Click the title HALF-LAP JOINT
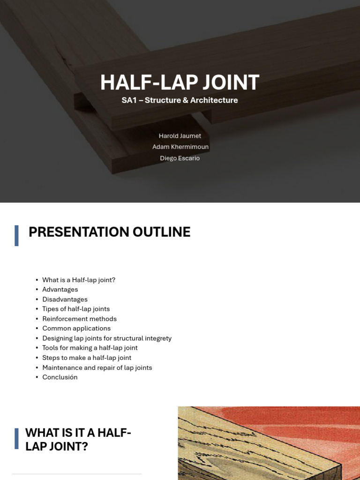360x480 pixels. point(180,82)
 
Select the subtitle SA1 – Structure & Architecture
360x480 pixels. point(180,100)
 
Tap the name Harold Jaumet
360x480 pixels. point(180,136)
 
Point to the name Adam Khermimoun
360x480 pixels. point(180,147)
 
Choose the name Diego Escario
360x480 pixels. point(180,158)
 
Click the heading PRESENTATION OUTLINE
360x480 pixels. point(109,232)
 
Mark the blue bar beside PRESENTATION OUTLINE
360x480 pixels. point(17,235)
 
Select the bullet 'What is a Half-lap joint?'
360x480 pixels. point(78,280)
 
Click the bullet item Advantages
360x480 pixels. point(60,290)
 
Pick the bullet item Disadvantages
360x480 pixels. point(65,300)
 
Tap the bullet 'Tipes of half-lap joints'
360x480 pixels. point(76,309)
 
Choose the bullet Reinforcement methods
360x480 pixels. point(79,319)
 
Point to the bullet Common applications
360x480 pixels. point(76,329)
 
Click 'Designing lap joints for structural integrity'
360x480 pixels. point(107,338)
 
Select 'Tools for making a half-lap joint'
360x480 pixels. point(90,348)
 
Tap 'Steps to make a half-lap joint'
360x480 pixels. point(87,358)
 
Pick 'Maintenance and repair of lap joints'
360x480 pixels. point(97,368)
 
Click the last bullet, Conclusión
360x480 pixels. point(60,377)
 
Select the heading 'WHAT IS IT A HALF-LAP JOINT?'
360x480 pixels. point(78,439)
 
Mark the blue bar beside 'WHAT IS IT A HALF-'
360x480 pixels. point(17,439)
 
